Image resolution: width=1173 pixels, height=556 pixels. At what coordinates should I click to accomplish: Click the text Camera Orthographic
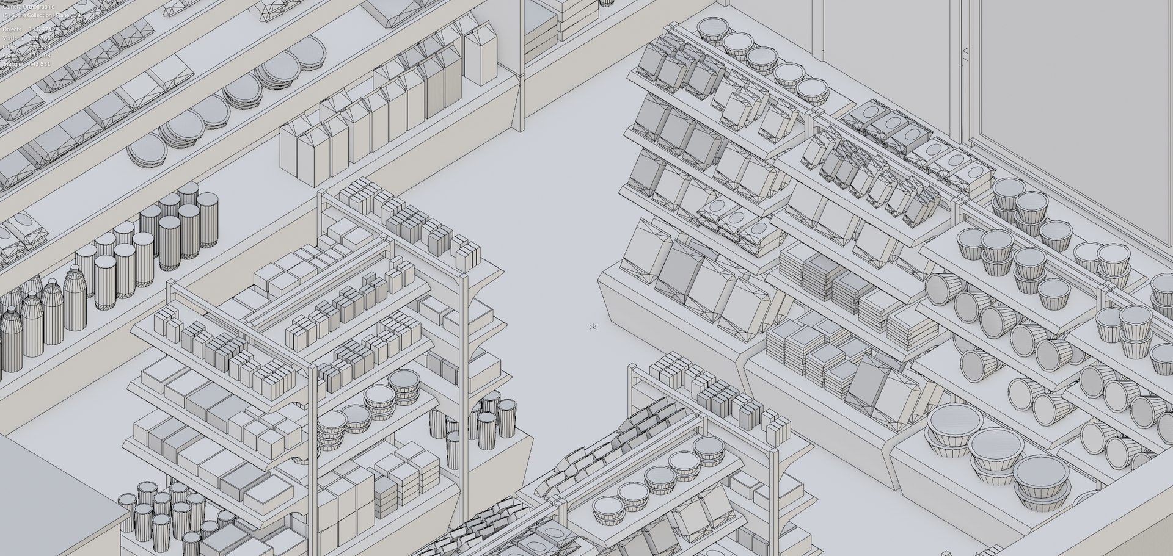(28, 7)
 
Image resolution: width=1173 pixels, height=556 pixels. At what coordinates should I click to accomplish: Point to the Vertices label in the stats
(12, 38)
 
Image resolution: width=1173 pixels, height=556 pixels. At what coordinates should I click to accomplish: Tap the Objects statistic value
(40, 29)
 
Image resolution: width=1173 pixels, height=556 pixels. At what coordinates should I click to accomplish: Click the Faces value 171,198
(39, 56)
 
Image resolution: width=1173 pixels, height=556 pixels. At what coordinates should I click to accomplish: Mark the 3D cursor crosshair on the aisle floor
(593, 327)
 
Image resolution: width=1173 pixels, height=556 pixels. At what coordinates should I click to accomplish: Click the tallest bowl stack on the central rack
(404, 388)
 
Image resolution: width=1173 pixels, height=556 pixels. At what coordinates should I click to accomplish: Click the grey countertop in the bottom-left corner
(55, 488)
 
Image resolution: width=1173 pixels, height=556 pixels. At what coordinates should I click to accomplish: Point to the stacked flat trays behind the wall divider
(540, 34)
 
